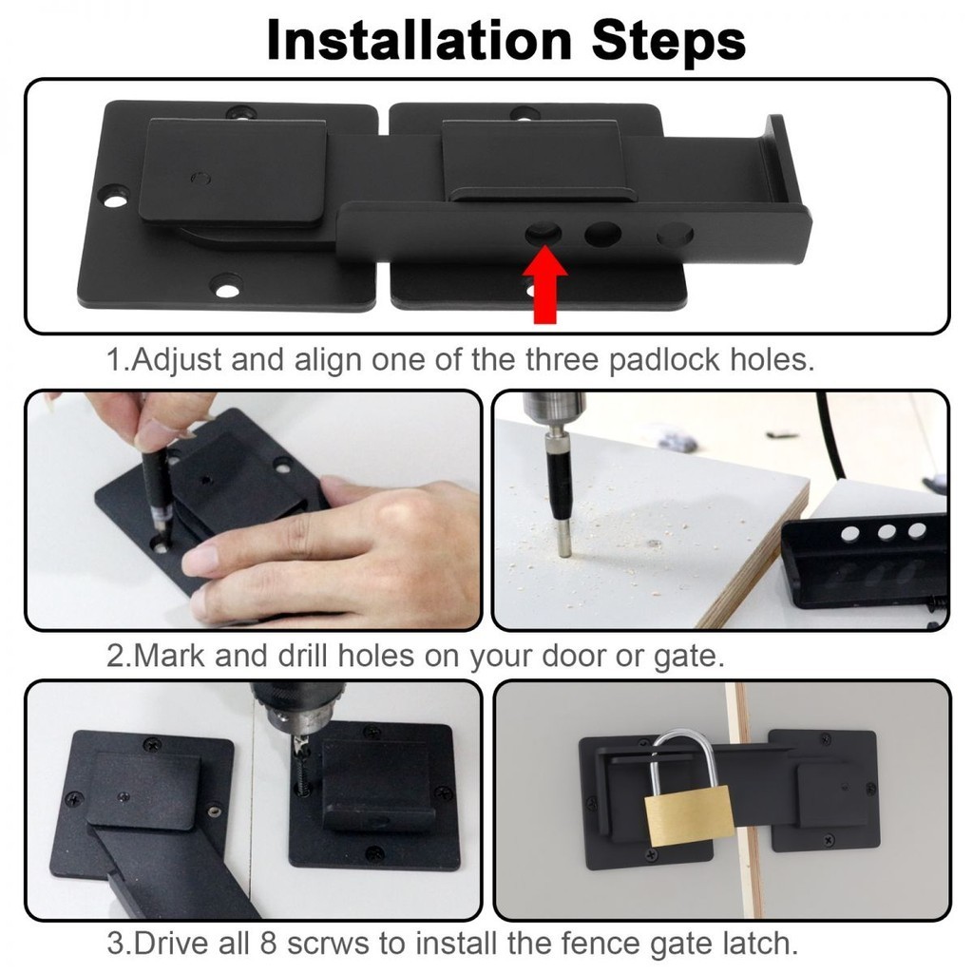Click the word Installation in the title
coord(419,40)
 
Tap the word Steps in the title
coord(668,41)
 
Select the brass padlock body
coord(688,815)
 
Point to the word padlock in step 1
coord(664,360)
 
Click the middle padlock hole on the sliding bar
coord(602,234)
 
